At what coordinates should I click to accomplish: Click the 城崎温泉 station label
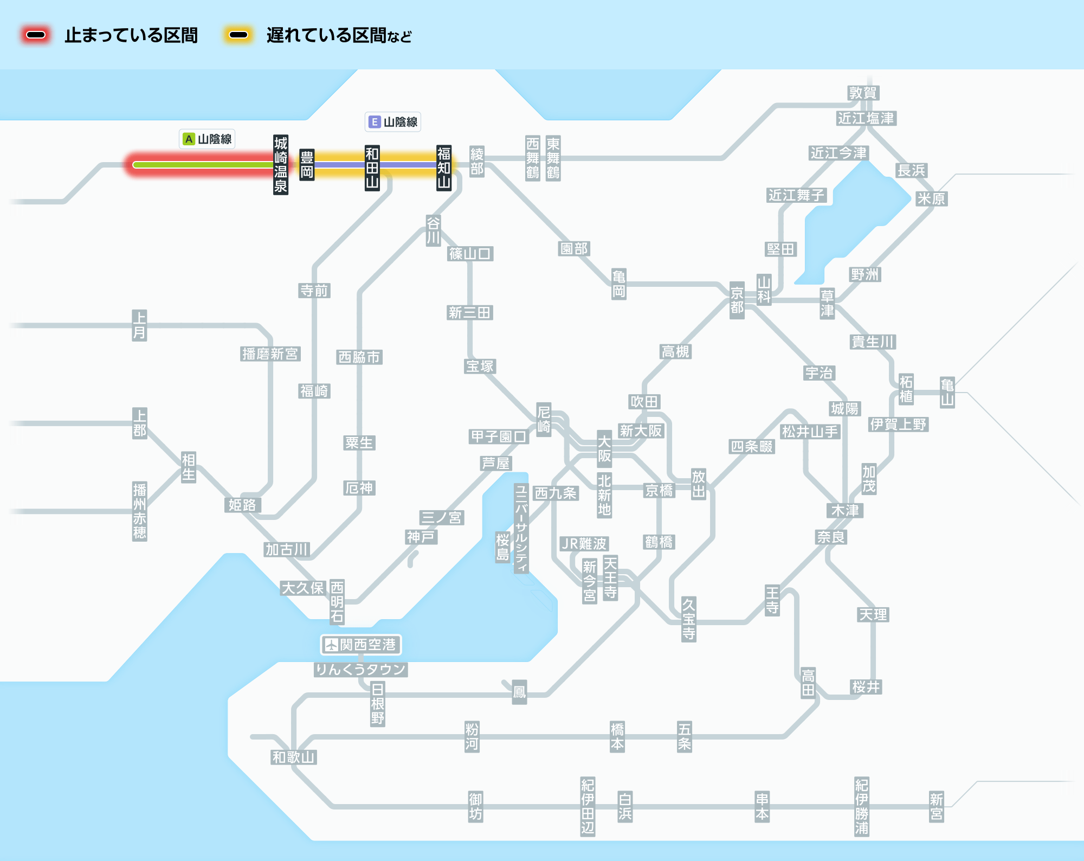click(x=280, y=165)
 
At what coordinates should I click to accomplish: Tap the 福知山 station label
click(x=444, y=168)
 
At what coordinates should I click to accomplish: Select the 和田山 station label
click(x=372, y=168)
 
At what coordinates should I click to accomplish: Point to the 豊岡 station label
click(x=307, y=165)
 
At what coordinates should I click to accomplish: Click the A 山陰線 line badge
click(x=207, y=139)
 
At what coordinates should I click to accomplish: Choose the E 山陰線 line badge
click(x=393, y=122)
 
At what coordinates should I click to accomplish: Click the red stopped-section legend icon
click(x=36, y=35)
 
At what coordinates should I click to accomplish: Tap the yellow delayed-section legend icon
click(x=238, y=35)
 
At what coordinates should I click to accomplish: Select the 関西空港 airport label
click(x=361, y=645)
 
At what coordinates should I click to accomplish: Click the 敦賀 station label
click(x=863, y=93)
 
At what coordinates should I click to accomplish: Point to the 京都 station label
click(x=737, y=300)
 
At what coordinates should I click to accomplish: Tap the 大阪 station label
click(x=604, y=448)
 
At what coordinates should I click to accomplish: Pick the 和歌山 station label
click(x=293, y=757)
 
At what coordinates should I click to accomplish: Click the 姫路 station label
click(x=242, y=505)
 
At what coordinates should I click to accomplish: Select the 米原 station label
click(x=931, y=199)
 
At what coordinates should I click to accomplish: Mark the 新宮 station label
click(x=936, y=806)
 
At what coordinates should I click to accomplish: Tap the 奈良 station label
click(x=831, y=537)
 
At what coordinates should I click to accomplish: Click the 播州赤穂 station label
click(x=139, y=511)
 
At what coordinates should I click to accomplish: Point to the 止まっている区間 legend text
click(x=131, y=36)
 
